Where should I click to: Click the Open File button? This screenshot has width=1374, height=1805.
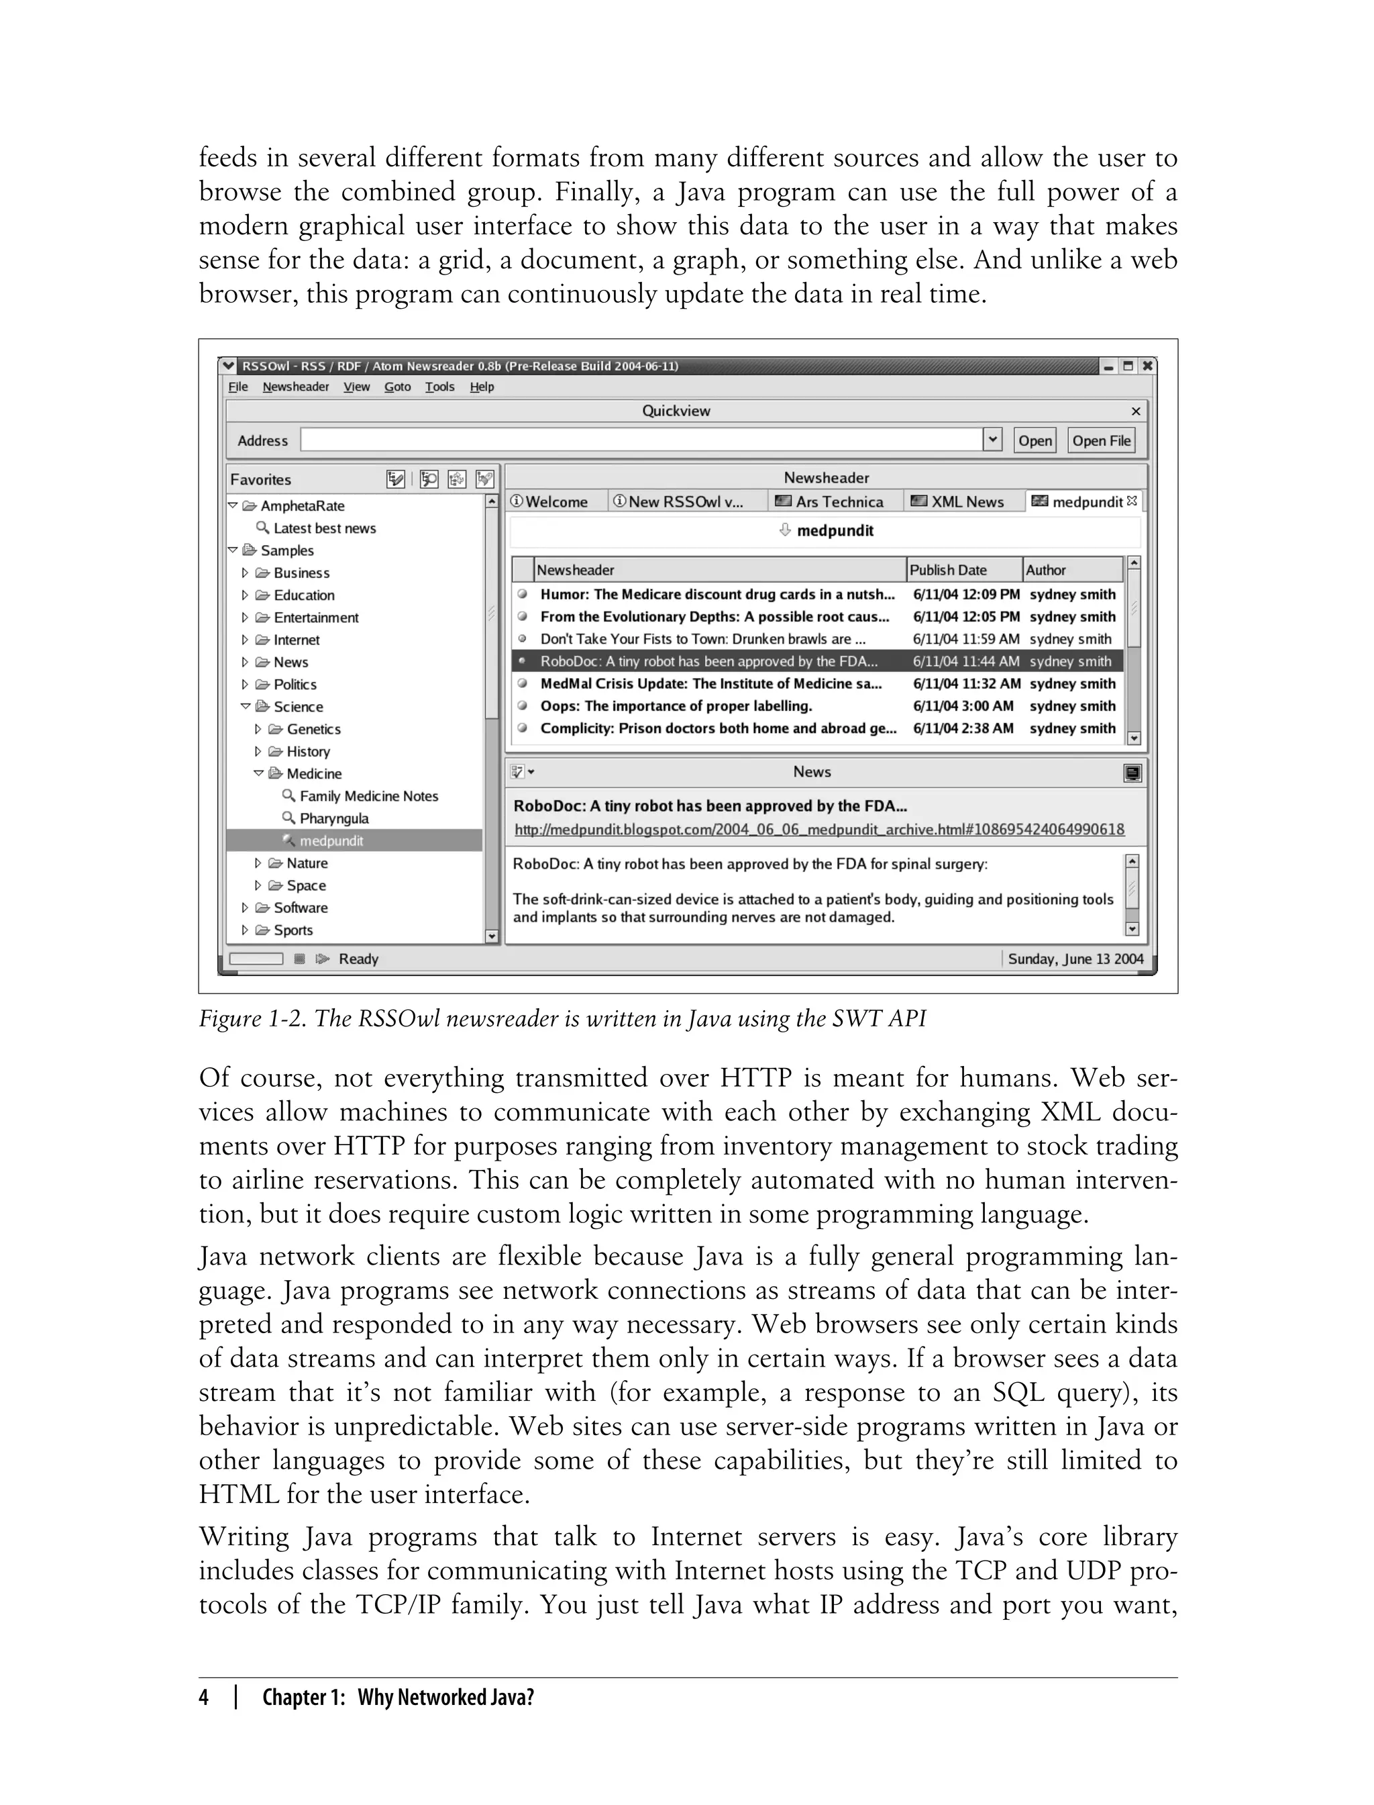1102,440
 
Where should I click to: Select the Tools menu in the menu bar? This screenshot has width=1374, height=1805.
439,387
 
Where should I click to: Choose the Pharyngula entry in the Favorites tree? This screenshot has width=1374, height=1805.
333,818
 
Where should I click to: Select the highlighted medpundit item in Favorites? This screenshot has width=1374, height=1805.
331,840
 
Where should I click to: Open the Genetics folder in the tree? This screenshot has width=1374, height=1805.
313,729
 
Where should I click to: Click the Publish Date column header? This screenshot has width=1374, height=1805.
948,569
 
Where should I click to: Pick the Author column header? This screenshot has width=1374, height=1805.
1045,569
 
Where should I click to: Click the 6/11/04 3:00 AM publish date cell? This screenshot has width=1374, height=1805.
963,705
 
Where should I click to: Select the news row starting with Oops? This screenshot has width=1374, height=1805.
676,705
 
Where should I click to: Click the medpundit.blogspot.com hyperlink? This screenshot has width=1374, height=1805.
818,830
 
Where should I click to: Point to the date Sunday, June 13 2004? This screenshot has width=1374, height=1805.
1075,959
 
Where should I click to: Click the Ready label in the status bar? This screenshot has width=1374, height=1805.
358,959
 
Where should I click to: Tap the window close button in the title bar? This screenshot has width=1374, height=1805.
1147,366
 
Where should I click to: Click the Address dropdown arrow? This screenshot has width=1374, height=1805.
992,440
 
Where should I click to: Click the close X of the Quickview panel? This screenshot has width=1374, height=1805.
1135,411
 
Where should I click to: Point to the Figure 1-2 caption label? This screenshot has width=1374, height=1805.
562,1019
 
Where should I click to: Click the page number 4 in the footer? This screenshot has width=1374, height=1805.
204,1697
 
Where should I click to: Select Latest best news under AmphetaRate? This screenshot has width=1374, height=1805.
324,528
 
